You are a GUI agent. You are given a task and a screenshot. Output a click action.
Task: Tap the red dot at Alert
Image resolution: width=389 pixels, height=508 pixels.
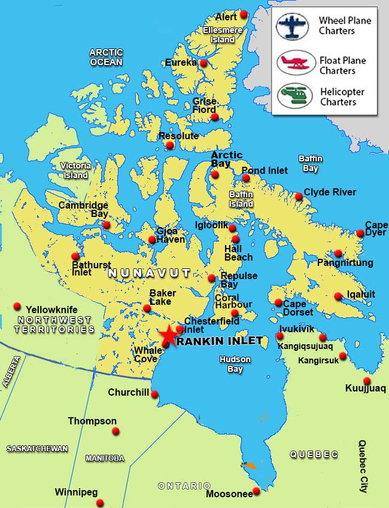pyautogui.click(x=244, y=14)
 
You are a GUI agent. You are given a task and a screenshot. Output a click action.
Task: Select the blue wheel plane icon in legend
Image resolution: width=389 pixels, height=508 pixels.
pyautogui.click(x=292, y=26)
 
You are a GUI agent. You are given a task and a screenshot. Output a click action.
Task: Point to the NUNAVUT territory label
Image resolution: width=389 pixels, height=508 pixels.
pyautogui.click(x=149, y=273)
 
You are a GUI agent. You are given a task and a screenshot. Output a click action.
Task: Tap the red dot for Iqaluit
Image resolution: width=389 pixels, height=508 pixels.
pyautogui.click(x=338, y=296)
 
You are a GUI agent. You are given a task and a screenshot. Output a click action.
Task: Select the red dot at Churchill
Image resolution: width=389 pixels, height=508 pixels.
pyautogui.click(x=154, y=394)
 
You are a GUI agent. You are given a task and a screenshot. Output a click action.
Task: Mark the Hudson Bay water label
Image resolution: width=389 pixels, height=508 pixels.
pyautogui.click(x=235, y=365)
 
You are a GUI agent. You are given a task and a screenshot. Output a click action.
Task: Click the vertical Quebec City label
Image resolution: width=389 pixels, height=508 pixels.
pyautogui.click(x=363, y=466)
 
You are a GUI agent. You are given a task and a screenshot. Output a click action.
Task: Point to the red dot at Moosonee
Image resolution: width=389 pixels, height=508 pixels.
pyautogui.click(x=256, y=491)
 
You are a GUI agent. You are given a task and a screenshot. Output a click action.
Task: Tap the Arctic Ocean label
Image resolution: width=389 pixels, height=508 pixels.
pyautogui.click(x=106, y=57)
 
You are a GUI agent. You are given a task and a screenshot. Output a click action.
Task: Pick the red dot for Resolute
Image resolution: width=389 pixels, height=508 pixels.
pyautogui.click(x=170, y=145)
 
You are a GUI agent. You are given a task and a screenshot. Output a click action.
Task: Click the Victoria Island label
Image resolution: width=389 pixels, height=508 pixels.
pyautogui.click(x=75, y=170)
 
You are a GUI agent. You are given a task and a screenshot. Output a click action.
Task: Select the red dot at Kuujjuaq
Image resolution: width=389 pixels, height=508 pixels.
pyautogui.click(x=367, y=381)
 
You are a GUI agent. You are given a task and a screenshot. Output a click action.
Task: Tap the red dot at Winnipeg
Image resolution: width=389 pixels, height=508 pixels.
pyautogui.click(x=101, y=503)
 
